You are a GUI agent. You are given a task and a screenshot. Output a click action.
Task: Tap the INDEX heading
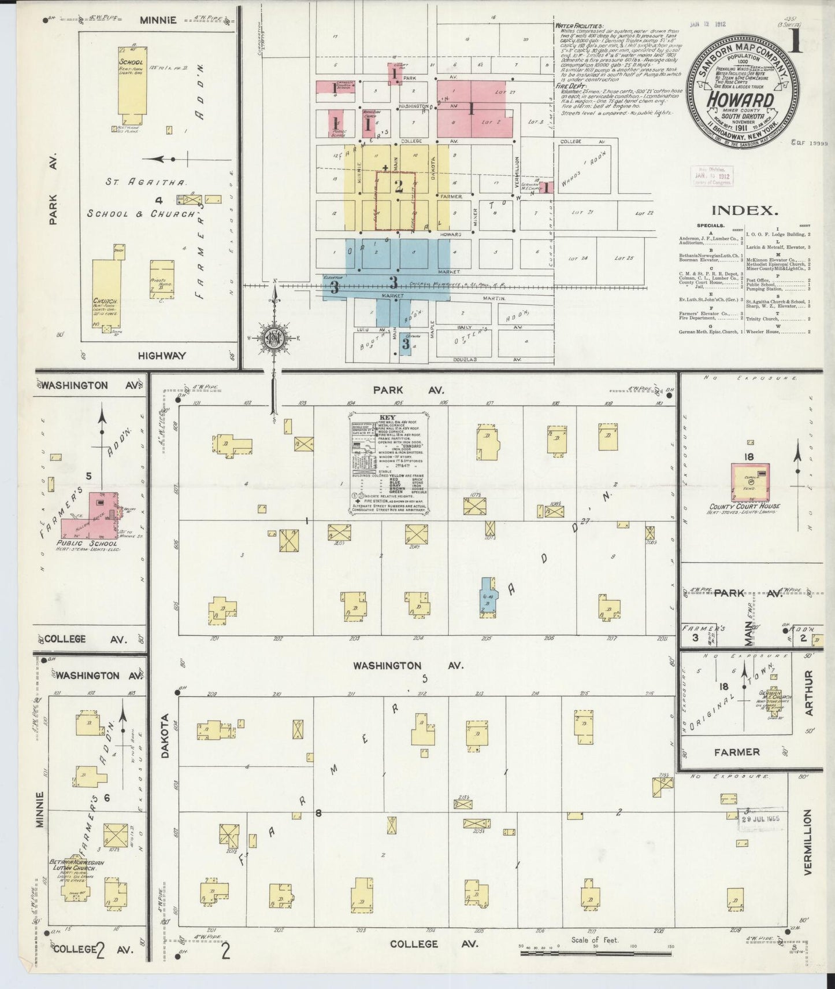click(x=743, y=211)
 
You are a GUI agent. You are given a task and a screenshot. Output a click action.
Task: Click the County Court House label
click(x=744, y=507)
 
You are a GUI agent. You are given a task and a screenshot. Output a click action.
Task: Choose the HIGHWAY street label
click(x=161, y=356)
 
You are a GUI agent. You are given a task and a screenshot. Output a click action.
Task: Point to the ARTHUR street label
click(x=808, y=692)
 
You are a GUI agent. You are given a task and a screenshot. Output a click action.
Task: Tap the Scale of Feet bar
click(x=595, y=947)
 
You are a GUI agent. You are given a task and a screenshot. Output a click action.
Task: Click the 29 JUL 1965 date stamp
click(x=761, y=819)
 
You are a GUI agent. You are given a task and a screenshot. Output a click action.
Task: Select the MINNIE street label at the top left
click(x=158, y=20)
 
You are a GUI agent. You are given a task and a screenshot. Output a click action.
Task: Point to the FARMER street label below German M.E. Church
click(x=736, y=752)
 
